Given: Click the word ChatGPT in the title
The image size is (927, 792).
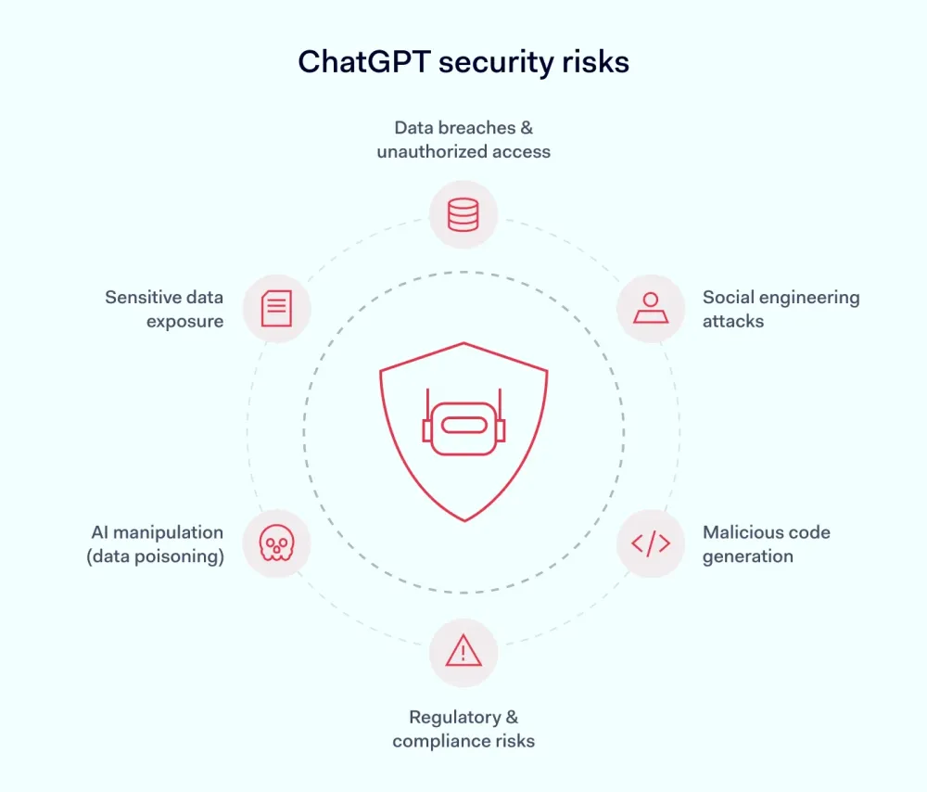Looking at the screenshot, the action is click(x=363, y=62).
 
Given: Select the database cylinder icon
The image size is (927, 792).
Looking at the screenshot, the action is click(x=463, y=214).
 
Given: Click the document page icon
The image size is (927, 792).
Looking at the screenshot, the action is click(x=276, y=308).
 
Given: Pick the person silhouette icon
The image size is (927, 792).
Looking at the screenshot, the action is click(x=651, y=308).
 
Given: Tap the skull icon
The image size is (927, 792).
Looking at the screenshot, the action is click(x=276, y=543).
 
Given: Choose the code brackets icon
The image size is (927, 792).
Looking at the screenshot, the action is click(x=651, y=543).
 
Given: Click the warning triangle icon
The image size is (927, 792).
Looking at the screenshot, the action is click(x=463, y=651).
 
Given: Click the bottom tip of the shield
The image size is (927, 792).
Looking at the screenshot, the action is click(x=464, y=521).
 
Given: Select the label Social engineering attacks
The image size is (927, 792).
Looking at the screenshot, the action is click(x=781, y=309).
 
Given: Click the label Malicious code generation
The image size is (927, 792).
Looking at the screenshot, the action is click(x=767, y=544).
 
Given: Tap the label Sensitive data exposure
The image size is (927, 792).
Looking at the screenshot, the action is click(x=164, y=309).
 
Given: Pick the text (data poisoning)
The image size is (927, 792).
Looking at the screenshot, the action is click(x=156, y=556).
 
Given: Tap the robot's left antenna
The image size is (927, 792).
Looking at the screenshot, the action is click(x=427, y=405).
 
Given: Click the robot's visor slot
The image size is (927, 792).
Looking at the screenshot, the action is click(x=464, y=425).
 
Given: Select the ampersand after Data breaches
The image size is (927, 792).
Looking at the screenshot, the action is click(x=527, y=128).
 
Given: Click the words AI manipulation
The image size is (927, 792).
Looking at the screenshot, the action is click(x=158, y=532).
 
